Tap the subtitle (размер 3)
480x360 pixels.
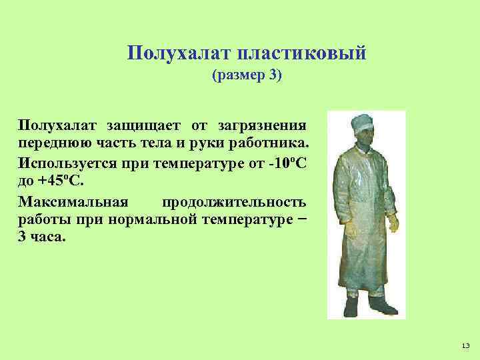[x=247, y=76]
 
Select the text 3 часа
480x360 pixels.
[x=43, y=238]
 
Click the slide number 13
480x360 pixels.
[x=465, y=345]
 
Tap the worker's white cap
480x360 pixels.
[x=363, y=121]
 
